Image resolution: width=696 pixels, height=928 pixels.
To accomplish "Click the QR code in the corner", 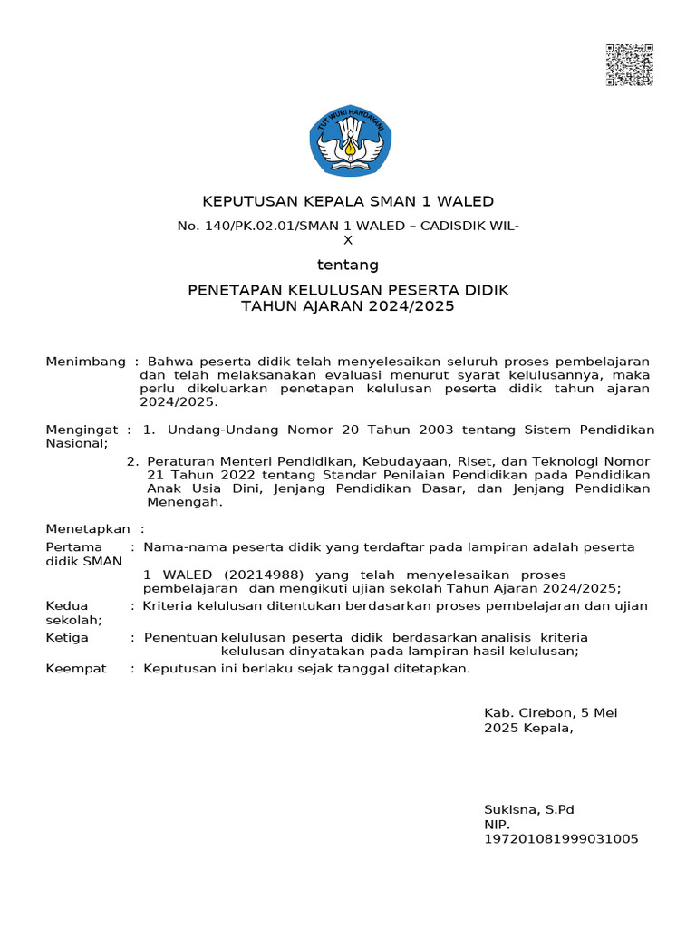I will [x=629, y=64].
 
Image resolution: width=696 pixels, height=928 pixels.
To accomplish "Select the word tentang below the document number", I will [x=347, y=266].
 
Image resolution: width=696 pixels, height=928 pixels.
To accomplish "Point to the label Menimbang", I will [x=85, y=362].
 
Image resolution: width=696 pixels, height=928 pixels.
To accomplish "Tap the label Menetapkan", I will [x=88, y=528].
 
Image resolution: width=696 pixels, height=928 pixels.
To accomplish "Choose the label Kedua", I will [x=67, y=605].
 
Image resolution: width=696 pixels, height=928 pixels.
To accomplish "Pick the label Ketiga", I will [x=67, y=637].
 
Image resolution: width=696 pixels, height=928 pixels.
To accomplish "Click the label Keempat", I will [x=76, y=669].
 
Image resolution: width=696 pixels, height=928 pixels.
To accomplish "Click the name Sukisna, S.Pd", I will [x=529, y=809].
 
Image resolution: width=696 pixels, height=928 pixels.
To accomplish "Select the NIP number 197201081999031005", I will [x=561, y=839].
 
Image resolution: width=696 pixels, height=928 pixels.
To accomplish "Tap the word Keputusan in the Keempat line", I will [x=179, y=669].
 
